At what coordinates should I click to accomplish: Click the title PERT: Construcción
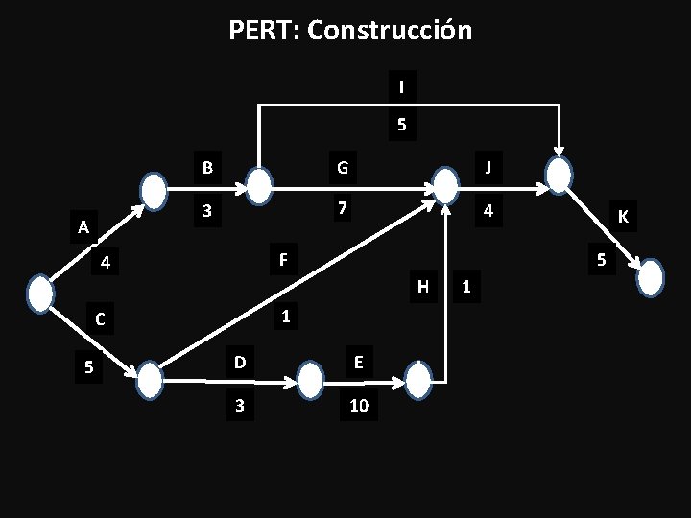[350, 31]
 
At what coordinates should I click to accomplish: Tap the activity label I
[401, 87]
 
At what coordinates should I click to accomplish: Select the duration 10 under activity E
[359, 407]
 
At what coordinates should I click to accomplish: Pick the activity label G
[340, 169]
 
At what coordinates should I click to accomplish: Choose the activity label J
[488, 169]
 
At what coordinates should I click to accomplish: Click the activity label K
[623, 218]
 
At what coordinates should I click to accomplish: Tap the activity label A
[84, 227]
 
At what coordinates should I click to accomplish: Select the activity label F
[282, 259]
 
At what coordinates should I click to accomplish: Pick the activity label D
[239, 361]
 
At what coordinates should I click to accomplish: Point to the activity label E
[358, 361]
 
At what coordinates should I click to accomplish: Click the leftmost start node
[40, 294]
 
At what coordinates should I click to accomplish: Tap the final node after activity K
[651, 277]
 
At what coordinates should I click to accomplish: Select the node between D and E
[310, 381]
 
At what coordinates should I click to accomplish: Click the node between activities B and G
[260, 183]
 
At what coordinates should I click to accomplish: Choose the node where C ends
[151, 381]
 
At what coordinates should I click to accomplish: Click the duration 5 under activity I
[401, 125]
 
